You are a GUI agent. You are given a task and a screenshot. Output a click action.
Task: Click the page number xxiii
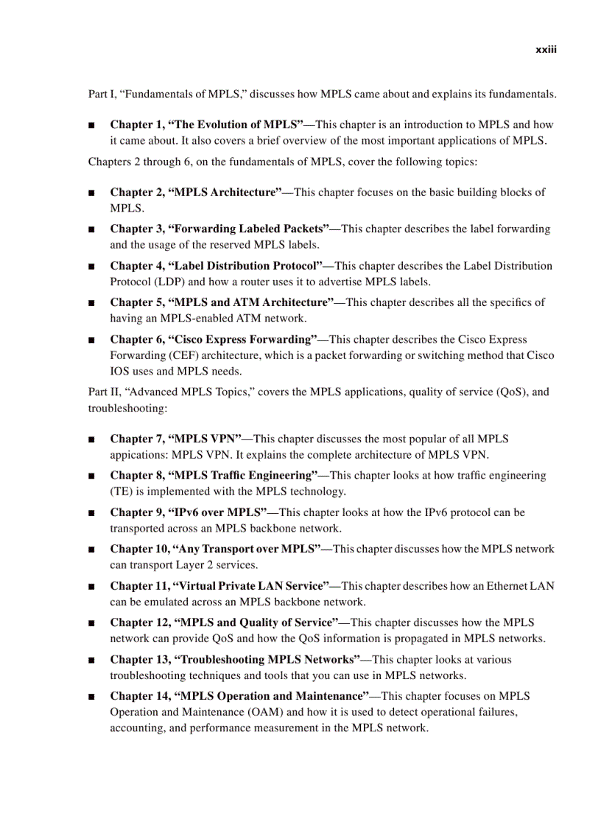[x=546, y=50]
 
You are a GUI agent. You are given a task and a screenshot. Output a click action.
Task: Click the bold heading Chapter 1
[x=137, y=125]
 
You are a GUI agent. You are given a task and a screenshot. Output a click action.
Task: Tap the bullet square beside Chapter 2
[x=91, y=193]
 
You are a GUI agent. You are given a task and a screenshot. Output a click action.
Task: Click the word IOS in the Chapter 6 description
[x=121, y=371]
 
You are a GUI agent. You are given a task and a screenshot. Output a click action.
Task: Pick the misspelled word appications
[x=138, y=454]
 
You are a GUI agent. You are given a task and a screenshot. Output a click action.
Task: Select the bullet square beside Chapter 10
[x=91, y=550]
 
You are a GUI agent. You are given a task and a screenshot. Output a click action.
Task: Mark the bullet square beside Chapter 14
[x=91, y=697]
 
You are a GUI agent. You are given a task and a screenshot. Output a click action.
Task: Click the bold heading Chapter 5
[x=137, y=302]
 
